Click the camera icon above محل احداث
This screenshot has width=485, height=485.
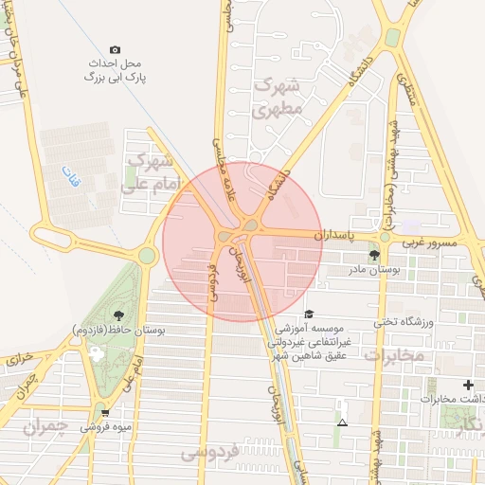(x=116, y=49)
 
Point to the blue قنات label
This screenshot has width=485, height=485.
(x=72, y=176)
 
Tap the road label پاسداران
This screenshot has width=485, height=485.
(x=331, y=233)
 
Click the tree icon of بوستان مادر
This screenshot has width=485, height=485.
(x=374, y=255)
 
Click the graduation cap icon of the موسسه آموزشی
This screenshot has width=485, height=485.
(x=308, y=314)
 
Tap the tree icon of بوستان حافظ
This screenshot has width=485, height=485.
(x=118, y=315)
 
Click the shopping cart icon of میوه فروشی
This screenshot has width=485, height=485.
(x=104, y=412)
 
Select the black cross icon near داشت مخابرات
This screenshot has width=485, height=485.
(x=468, y=385)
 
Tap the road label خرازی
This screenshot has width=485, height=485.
(x=21, y=360)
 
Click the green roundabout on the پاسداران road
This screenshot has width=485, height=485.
(x=385, y=237)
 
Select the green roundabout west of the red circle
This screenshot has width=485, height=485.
(x=147, y=255)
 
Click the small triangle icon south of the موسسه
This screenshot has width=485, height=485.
(x=342, y=422)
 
